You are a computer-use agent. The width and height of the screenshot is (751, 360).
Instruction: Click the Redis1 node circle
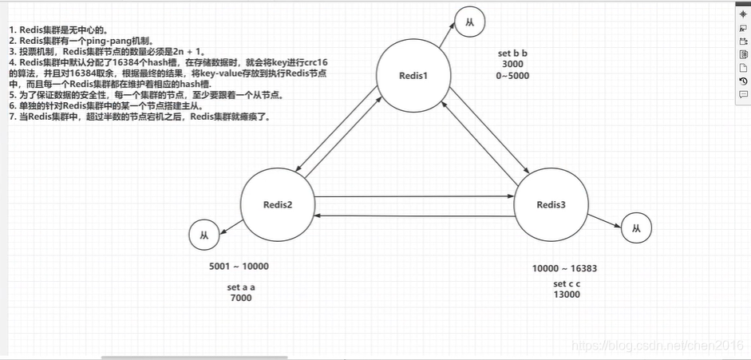point(413,75)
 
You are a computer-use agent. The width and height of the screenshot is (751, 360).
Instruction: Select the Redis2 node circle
point(277,205)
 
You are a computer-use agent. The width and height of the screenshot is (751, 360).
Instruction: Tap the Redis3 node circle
point(551,205)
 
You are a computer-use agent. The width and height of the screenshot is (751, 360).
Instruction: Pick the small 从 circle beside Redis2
point(205,236)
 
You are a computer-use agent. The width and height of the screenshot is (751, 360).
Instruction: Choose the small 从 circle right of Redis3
point(636,229)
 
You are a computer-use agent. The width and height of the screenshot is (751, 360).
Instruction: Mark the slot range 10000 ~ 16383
point(564,268)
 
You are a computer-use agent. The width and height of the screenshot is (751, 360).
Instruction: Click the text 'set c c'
point(567,283)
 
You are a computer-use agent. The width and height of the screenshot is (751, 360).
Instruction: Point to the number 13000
point(567,295)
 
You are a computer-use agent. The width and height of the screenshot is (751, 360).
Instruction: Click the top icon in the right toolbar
point(743,14)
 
